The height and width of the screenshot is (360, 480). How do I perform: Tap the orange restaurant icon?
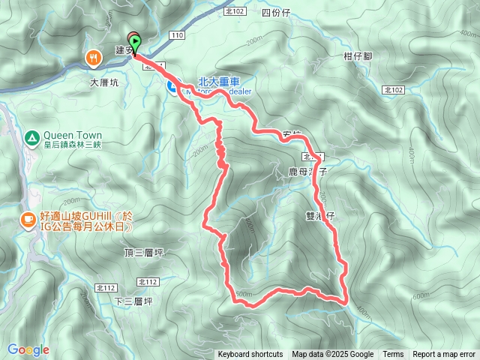point(93,56)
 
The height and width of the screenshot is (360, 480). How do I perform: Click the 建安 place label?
point(123,50)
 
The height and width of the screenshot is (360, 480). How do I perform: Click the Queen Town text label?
point(73,136)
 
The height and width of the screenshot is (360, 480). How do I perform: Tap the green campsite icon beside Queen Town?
point(31,137)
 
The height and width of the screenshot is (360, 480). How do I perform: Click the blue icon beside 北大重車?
point(172,88)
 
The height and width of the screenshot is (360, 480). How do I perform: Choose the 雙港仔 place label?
point(319,215)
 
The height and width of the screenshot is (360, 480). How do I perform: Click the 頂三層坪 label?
point(144,253)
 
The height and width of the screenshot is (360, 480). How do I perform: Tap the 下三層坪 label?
point(133,301)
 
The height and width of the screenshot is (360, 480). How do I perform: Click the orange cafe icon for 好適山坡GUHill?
point(26,220)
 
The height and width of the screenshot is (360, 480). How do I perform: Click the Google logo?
point(28,349)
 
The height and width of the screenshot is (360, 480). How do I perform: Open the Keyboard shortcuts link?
point(250,355)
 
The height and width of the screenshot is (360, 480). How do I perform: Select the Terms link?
point(393,355)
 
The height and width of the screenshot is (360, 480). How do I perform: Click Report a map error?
point(444,355)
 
